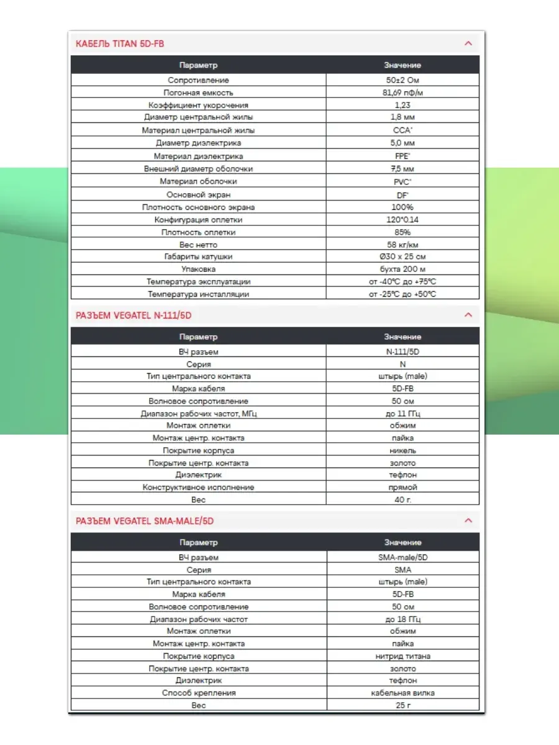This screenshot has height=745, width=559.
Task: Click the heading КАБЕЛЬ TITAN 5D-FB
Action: (120, 43)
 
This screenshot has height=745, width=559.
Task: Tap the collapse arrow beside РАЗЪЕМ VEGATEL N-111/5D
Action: (468, 315)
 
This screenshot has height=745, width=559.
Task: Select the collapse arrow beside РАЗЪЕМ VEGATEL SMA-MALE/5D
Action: (468, 520)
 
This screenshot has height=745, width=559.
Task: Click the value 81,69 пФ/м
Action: (402, 93)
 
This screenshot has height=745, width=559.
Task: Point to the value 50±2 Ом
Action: (402, 80)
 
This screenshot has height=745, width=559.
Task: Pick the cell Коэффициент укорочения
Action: (198, 105)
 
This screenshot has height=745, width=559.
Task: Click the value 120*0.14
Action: (402, 220)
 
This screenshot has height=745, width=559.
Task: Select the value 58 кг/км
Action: (402, 245)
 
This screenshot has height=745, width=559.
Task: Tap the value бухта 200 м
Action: (402, 269)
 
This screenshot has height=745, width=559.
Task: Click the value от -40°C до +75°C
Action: (402, 282)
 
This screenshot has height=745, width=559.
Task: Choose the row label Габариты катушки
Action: (198, 257)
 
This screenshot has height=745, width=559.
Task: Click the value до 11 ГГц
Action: (402, 413)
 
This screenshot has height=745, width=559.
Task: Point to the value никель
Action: (402, 450)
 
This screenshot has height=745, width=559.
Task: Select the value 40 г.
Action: (402, 499)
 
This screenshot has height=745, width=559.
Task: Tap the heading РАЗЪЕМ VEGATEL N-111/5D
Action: (134, 315)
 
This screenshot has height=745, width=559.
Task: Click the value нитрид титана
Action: (402, 656)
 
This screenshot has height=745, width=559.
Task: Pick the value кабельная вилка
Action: (402, 693)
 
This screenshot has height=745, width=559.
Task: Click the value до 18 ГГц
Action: (402, 619)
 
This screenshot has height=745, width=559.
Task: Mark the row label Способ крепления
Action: (198, 693)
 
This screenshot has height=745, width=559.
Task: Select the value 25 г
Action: (402, 705)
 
